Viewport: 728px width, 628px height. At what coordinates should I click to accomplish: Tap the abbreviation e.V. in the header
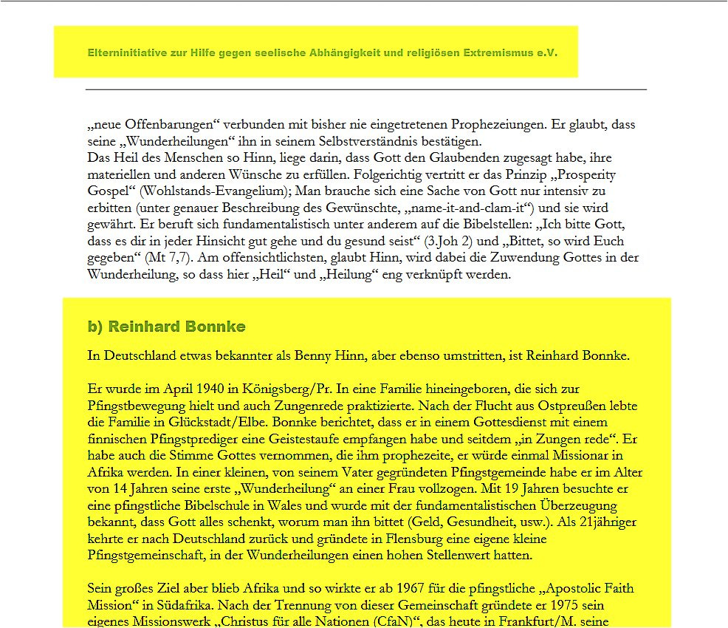pos(547,53)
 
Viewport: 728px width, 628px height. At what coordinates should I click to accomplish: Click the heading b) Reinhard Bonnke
pos(167,327)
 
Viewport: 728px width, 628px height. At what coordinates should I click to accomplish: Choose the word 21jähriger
pos(600,523)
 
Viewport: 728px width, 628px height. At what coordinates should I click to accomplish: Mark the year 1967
pos(412,590)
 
